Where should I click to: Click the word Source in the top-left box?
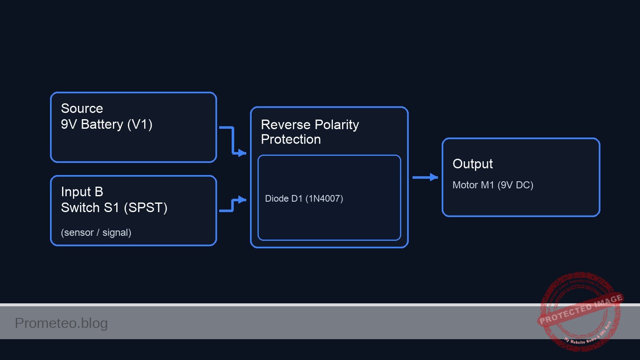(82, 108)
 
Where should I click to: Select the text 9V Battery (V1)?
(107, 124)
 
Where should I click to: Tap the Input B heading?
(82, 192)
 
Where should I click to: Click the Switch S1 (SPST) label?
(114, 207)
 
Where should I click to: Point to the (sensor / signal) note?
(96, 232)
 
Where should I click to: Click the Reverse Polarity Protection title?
(310, 132)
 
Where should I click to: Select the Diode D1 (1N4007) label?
(304, 198)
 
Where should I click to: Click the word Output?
(472, 164)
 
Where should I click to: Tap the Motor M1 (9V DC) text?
(492, 185)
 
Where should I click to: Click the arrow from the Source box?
(233, 140)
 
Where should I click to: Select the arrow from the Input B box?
(233, 205)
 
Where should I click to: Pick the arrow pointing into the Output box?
(425, 177)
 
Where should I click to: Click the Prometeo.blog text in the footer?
(61, 323)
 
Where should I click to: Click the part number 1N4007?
(324, 198)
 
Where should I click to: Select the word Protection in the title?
(291, 139)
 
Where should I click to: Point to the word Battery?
(102, 124)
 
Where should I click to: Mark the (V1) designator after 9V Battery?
(140, 124)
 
